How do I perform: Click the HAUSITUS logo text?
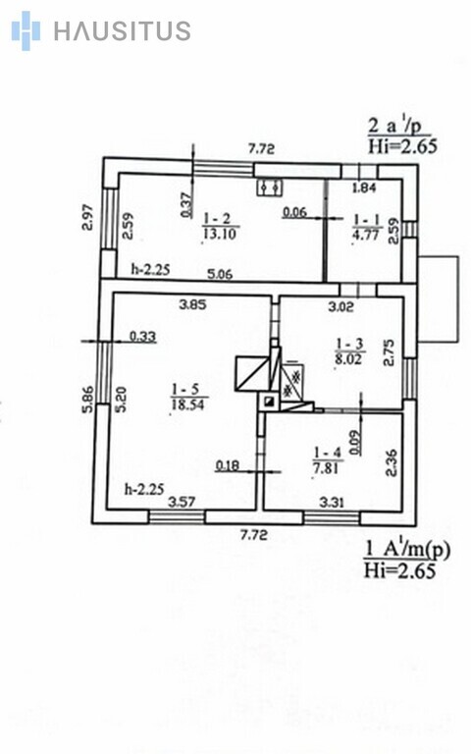[x=122, y=30]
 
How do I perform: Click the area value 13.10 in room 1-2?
[x=219, y=235]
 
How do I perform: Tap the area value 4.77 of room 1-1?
[x=366, y=236]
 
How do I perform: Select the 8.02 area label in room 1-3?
[x=348, y=358]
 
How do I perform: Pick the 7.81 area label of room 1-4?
[x=327, y=467]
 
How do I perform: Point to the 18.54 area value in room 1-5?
[x=188, y=404]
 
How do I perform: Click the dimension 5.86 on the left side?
[x=87, y=400]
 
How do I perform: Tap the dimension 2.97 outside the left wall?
[x=87, y=217]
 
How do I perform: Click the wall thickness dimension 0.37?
[x=185, y=204]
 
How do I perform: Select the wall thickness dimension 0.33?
[x=143, y=336]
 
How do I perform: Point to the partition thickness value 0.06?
[x=294, y=212]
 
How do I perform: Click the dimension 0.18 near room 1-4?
[x=228, y=465]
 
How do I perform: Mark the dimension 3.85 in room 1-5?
[x=192, y=304]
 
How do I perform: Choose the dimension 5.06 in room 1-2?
[x=220, y=274]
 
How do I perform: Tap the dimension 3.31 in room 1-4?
[x=332, y=502]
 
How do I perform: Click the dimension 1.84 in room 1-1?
[x=364, y=188]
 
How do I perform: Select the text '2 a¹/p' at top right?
[x=395, y=126]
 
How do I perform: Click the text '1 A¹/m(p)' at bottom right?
[x=408, y=550]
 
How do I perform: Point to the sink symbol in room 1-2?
[x=269, y=187]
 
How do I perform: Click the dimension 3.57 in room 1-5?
[x=182, y=502]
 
